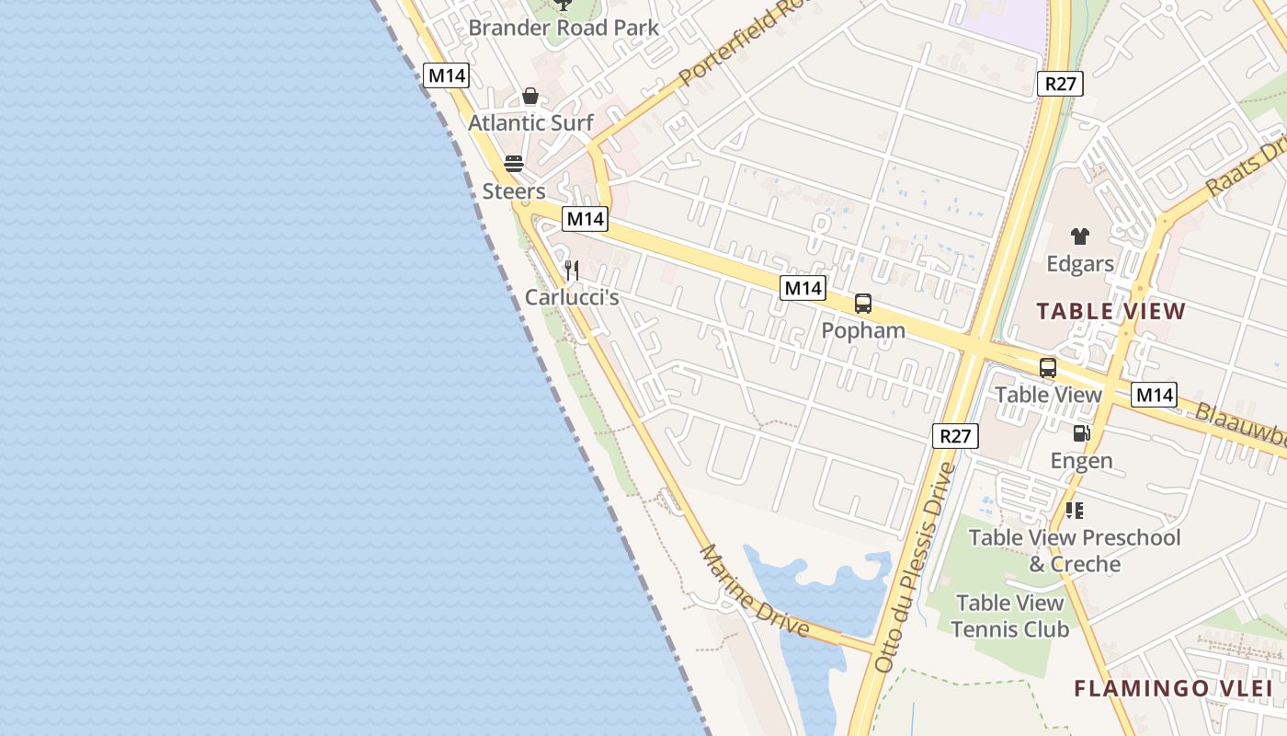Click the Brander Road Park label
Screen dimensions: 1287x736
coord(564,28)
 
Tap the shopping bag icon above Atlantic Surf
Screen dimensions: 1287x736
coord(530,96)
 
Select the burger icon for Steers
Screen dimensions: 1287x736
coord(514,164)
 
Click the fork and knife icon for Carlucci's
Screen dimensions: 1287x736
coord(572,270)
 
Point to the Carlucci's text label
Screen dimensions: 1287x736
coord(572,298)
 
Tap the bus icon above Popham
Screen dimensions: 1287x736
coord(862,304)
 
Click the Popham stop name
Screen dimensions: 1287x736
coord(862,330)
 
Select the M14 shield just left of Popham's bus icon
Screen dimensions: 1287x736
coord(803,288)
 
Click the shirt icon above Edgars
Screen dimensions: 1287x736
coord(1079,236)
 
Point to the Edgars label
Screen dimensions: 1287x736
coord(1079,264)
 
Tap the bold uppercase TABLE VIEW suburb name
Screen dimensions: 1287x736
coord(1110,311)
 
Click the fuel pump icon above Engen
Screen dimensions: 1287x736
coord(1081,433)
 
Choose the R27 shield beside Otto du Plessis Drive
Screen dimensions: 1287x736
coord(955,436)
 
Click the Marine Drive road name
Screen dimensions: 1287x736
coord(755,591)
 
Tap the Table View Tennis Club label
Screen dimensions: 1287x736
coord(1009,616)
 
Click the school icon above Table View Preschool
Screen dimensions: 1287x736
coord(1074,510)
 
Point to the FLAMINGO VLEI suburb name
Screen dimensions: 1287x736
coord(1173,688)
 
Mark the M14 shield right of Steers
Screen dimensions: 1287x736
coord(585,219)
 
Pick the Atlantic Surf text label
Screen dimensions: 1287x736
coord(530,123)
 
